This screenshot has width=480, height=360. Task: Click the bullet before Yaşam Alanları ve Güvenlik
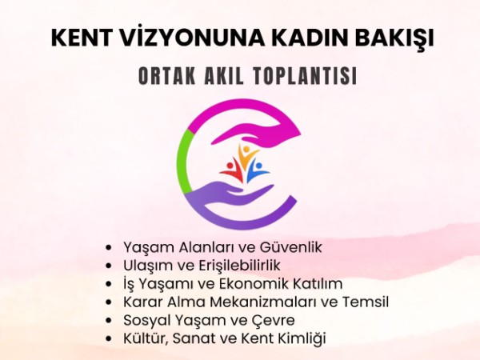[110, 247]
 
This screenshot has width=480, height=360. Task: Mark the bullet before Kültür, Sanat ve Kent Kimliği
[110, 338]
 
